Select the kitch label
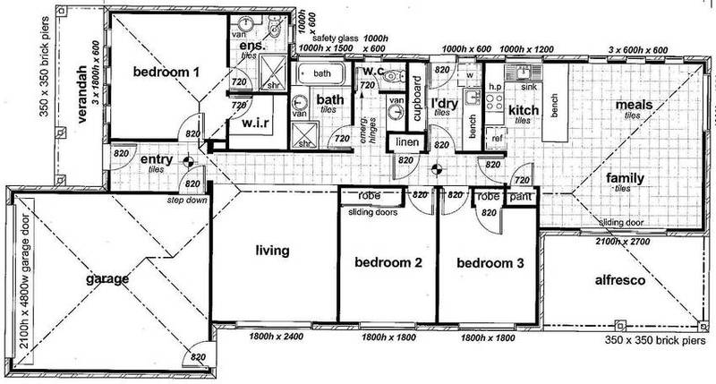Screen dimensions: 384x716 coord(524,110)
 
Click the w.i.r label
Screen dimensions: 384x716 coord(246,126)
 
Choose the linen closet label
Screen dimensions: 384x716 coord(405,144)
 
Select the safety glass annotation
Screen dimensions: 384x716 coord(333,38)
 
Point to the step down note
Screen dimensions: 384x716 coord(185,202)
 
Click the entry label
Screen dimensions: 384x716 coord(157,160)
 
